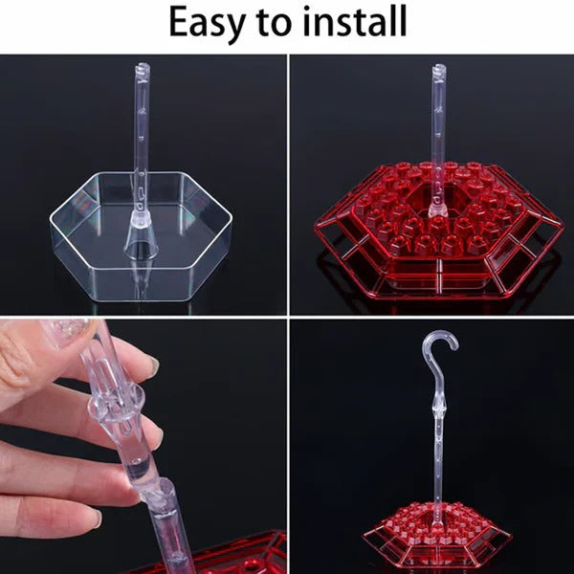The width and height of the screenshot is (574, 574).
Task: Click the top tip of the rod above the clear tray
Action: (142, 67)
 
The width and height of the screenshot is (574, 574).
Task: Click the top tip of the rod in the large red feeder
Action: (438, 68)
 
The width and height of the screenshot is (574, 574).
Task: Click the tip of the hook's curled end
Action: (454, 346)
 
